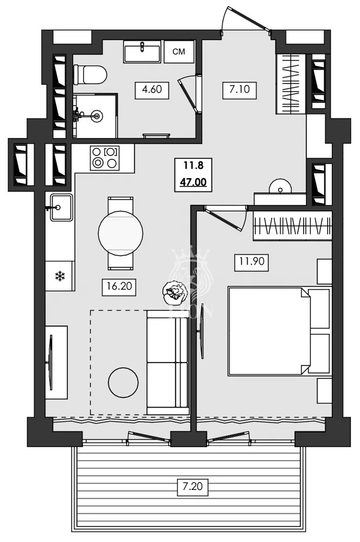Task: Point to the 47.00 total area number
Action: click(x=194, y=182)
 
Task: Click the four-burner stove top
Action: click(x=104, y=157)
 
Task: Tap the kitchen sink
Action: click(x=61, y=207)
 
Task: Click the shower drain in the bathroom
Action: click(x=98, y=115)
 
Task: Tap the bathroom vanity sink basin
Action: click(x=142, y=53)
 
